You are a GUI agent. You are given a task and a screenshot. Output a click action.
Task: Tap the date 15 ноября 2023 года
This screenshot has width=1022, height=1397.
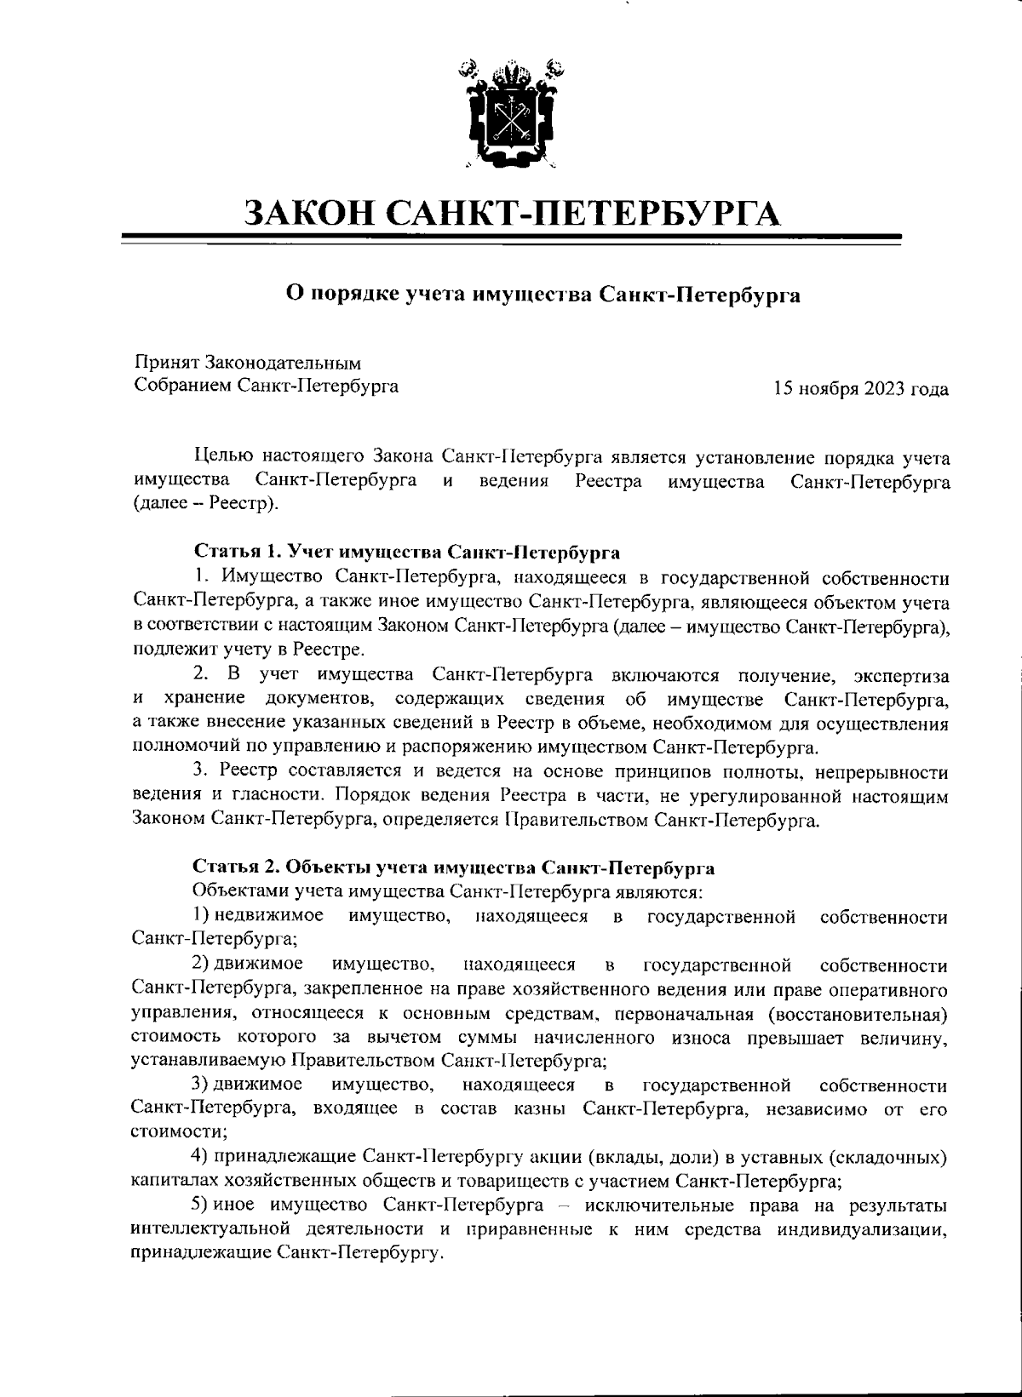(861, 389)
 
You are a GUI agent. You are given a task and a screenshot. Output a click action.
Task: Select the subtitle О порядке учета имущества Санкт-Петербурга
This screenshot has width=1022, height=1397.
(543, 295)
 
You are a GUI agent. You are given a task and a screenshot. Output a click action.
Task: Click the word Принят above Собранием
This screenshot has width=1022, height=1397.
(166, 364)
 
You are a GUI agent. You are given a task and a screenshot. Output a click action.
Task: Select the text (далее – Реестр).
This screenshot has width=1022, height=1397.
(206, 504)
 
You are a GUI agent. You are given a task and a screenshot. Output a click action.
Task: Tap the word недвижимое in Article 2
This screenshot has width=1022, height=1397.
(268, 916)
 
